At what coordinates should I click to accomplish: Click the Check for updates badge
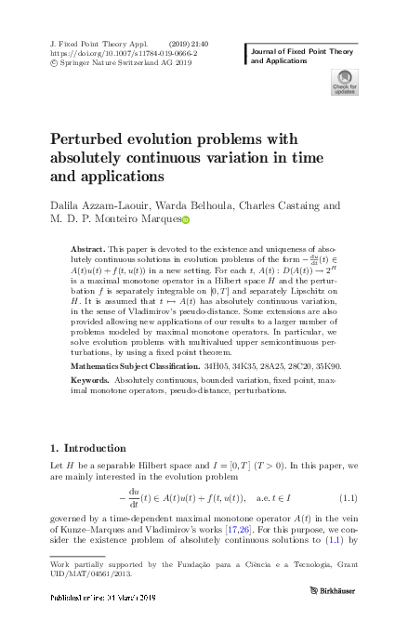point(345,83)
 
